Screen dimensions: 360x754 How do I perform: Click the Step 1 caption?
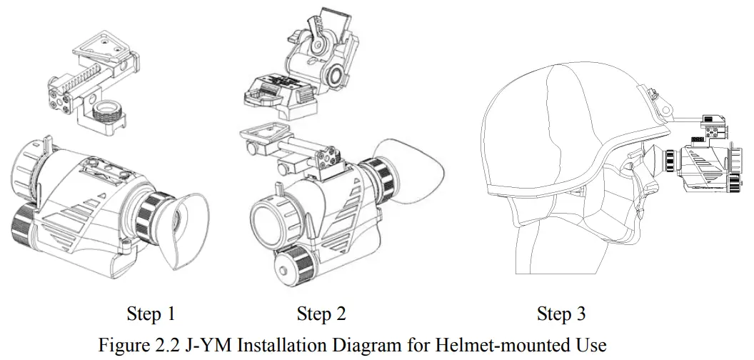[151, 314]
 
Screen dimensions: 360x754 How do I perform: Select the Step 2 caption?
[321, 314]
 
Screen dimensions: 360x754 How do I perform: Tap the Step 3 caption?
[561, 314]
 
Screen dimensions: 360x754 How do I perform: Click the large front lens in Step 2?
[273, 215]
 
